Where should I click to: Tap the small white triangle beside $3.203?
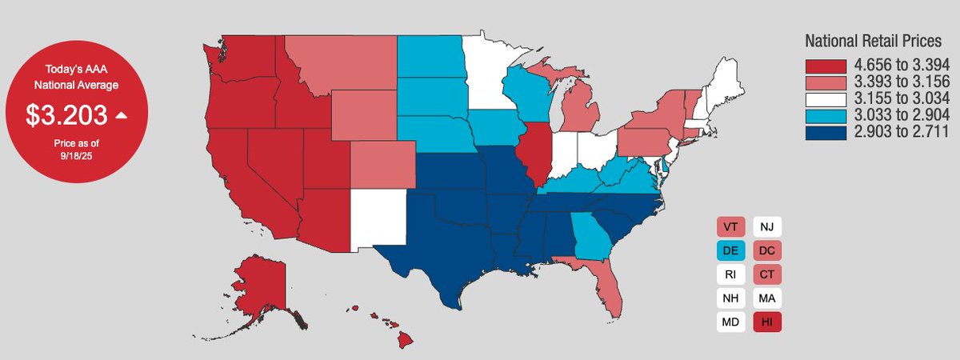click(122, 115)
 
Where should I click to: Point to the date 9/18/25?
click(77, 155)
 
